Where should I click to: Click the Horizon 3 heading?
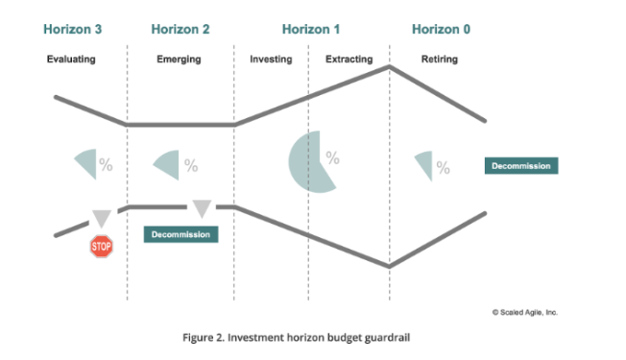tap(73, 29)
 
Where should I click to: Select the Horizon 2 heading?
tap(180, 29)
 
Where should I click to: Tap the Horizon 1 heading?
tap(311, 29)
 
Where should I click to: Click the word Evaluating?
tap(72, 60)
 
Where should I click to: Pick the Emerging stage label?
tap(179, 60)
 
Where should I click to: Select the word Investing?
tap(271, 60)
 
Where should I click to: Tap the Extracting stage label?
tap(349, 60)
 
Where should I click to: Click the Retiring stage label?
tap(440, 60)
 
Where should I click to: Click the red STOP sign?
tap(102, 247)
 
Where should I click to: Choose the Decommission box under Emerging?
tap(181, 233)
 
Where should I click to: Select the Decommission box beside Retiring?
tap(521, 166)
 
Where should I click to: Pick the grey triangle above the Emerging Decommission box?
tap(202, 208)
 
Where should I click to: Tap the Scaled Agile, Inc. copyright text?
tap(523, 312)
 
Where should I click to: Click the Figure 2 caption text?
tap(312, 338)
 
